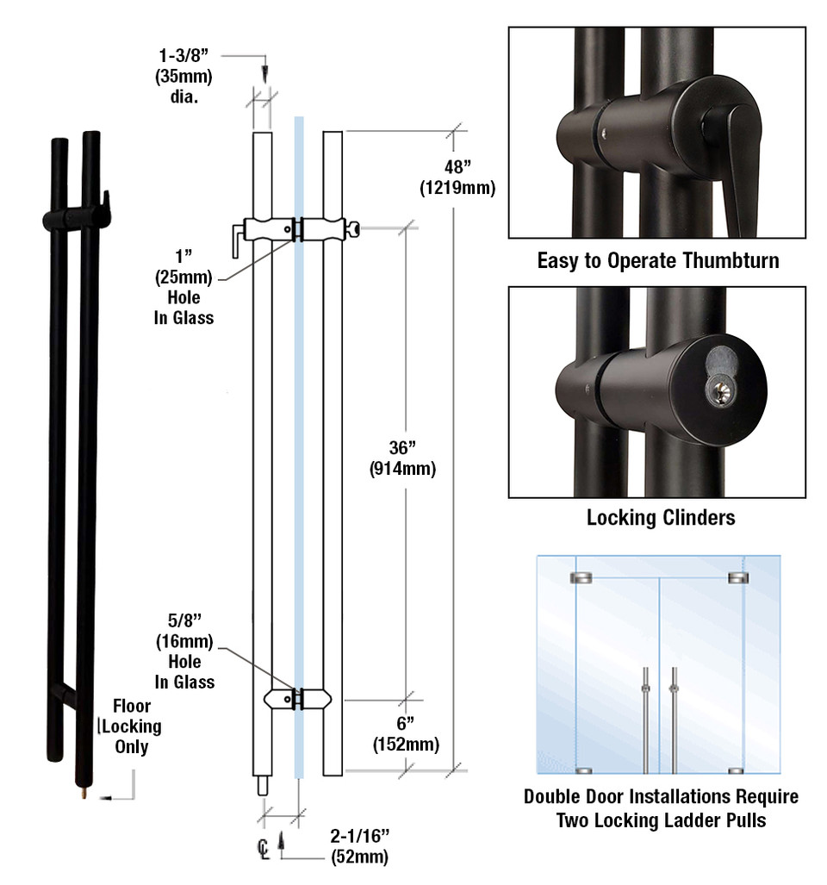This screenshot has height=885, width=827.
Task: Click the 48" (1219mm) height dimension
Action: (457, 177)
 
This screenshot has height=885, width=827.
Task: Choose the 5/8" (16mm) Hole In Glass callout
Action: (184, 651)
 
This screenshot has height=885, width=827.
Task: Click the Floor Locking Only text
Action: (132, 726)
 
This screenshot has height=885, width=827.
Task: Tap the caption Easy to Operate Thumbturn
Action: (657, 260)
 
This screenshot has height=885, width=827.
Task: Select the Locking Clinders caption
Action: (661, 518)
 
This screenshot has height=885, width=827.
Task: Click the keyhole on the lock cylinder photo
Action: (718, 393)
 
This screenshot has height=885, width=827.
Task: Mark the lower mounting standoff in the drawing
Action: (297, 698)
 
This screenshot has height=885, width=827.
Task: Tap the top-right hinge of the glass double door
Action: (737, 577)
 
